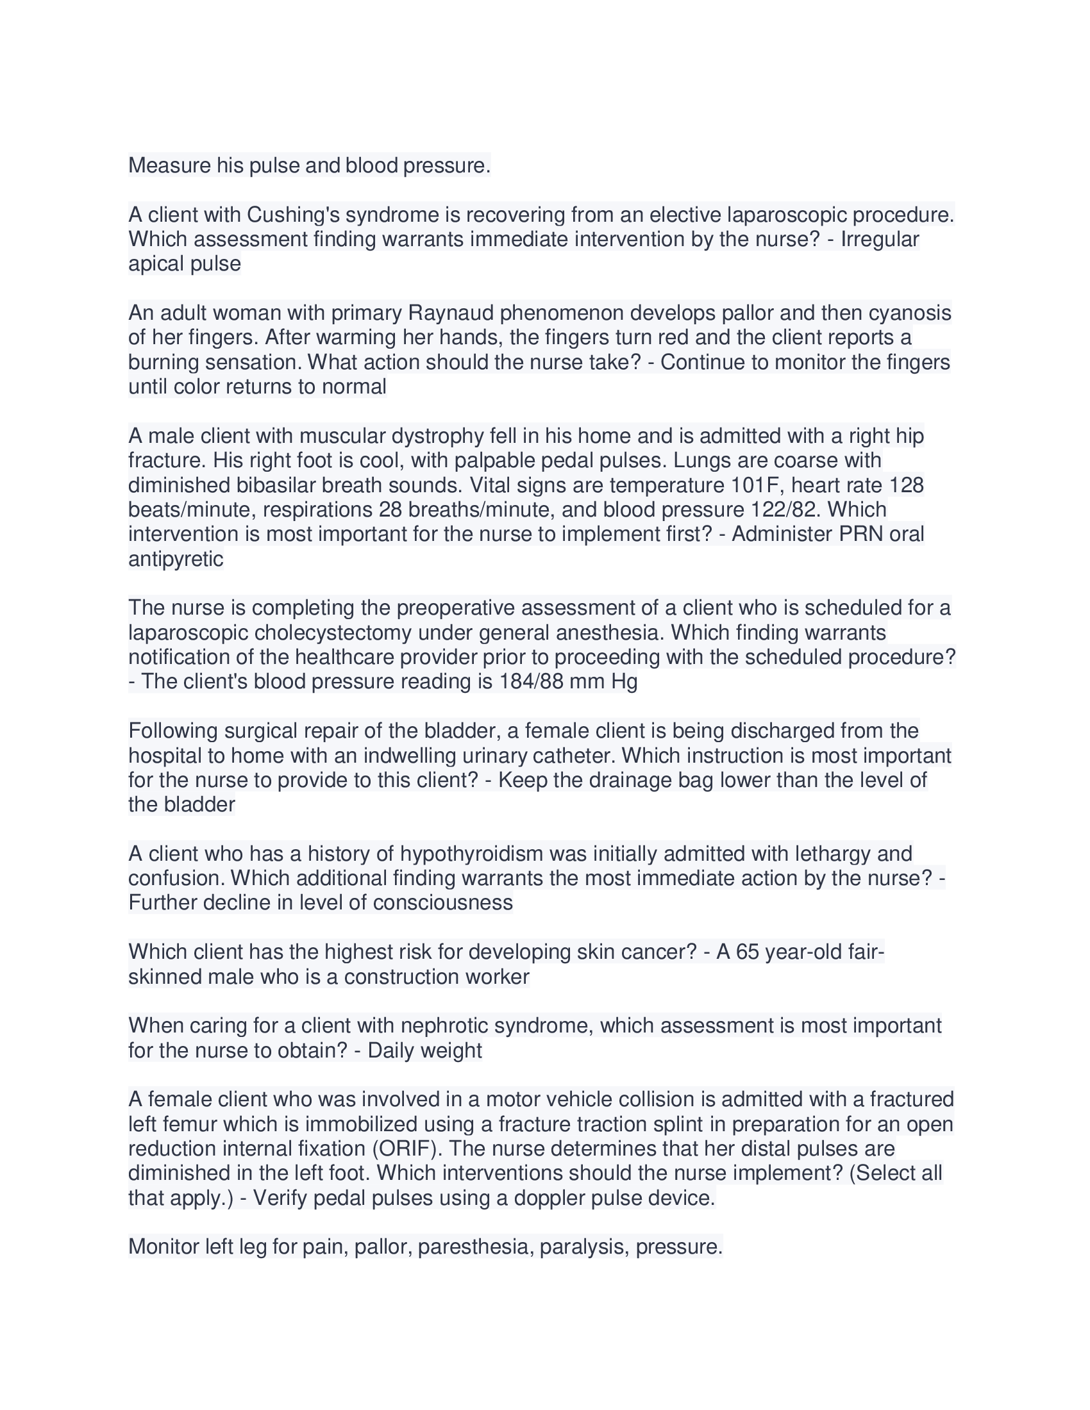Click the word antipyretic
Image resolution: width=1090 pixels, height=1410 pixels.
click(176, 559)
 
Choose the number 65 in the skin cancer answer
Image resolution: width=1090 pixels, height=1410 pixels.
click(747, 952)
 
